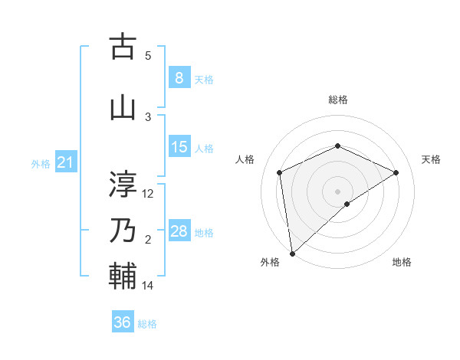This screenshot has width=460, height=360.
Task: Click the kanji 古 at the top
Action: click(123, 47)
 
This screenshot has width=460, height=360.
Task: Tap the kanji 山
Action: click(123, 108)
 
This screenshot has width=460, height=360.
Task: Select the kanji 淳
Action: click(123, 183)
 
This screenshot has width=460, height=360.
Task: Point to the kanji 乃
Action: click(123, 230)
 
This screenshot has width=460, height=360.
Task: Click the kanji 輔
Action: click(123, 276)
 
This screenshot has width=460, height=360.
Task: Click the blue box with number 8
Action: click(179, 78)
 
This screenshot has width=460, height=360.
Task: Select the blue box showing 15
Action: click(179, 147)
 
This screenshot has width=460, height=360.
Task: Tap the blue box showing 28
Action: click(179, 231)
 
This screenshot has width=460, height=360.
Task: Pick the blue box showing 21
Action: click(65, 162)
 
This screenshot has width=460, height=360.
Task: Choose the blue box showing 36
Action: click(123, 322)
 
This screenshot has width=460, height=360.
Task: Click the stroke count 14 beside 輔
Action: click(148, 286)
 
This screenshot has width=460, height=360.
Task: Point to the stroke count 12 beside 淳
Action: click(148, 194)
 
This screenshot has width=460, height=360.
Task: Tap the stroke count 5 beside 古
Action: click(148, 56)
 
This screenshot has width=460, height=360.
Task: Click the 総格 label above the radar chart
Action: click(337, 100)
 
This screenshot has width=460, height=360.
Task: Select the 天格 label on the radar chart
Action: click(431, 159)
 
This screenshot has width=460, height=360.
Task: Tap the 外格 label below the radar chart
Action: click(270, 262)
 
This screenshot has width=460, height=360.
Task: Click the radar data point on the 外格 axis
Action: click(292, 253)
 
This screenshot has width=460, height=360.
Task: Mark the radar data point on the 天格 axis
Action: click(396, 172)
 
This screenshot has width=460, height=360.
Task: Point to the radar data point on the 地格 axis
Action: click(347, 204)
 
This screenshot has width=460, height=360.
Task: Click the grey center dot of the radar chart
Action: click(337, 191)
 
